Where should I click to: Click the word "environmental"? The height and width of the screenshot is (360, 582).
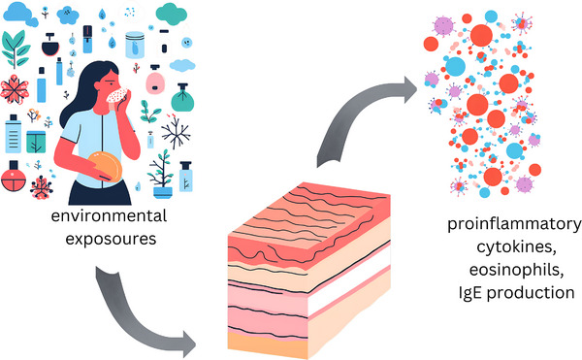[x=109, y=215]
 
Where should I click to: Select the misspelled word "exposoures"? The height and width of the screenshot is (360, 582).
[x=111, y=239]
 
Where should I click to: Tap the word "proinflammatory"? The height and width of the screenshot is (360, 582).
[x=514, y=225]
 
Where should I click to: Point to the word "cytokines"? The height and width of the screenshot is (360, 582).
[x=516, y=247]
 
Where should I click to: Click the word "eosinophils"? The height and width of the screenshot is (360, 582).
[x=516, y=270]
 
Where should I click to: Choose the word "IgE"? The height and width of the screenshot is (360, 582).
[x=471, y=293]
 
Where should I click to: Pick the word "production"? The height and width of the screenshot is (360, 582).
[x=531, y=293]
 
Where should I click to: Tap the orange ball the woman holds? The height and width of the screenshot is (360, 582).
[x=105, y=166]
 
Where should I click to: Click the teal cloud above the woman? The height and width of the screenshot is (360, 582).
[x=171, y=14]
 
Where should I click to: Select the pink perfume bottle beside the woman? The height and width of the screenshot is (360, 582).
[x=155, y=81]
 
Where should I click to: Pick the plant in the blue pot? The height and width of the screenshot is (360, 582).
[x=162, y=174]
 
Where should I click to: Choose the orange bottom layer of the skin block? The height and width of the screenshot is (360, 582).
[x=268, y=344]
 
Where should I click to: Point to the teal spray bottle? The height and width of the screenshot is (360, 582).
[x=182, y=98]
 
